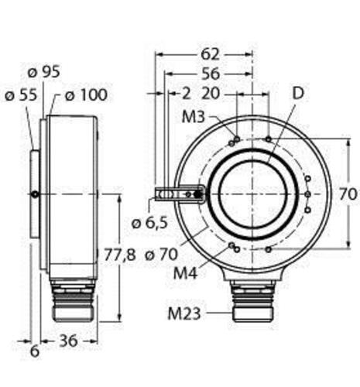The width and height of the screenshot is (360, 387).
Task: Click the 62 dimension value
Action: pyautogui.click(x=210, y=54)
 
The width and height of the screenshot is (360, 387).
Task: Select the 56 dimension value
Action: pyautogui.click(x=211, y=74)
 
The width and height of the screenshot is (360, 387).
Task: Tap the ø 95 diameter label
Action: pyautogui.click(x=44, y=72)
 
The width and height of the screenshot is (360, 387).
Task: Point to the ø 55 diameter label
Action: pyautogui.click(x=21, y=95)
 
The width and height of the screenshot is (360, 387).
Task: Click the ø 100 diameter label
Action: pyautogui.click(x=86, y=95)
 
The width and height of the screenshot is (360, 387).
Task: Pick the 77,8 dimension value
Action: pyautogui.click(x=120, y=255)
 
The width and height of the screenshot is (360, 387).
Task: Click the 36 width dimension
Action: pyautogui.click(x=68, y=341)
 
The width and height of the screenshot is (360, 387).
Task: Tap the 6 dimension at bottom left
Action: pyautogui.click(x=35, y=351)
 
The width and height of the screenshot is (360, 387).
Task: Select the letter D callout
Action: pyautogui.click(x=298, y=94)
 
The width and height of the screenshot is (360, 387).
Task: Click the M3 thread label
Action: pyautogui.click(x=194, y=117)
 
